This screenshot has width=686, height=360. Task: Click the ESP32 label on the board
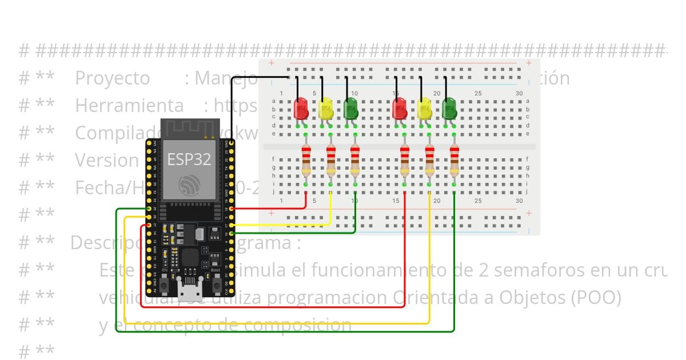189,159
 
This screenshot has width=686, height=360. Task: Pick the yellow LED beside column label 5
325,109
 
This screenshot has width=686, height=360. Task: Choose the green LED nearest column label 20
449,109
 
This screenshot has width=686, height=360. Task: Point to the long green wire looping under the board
286,331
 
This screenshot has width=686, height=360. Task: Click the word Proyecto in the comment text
113,78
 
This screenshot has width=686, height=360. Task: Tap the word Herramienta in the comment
129,106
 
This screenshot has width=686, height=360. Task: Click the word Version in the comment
107,160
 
